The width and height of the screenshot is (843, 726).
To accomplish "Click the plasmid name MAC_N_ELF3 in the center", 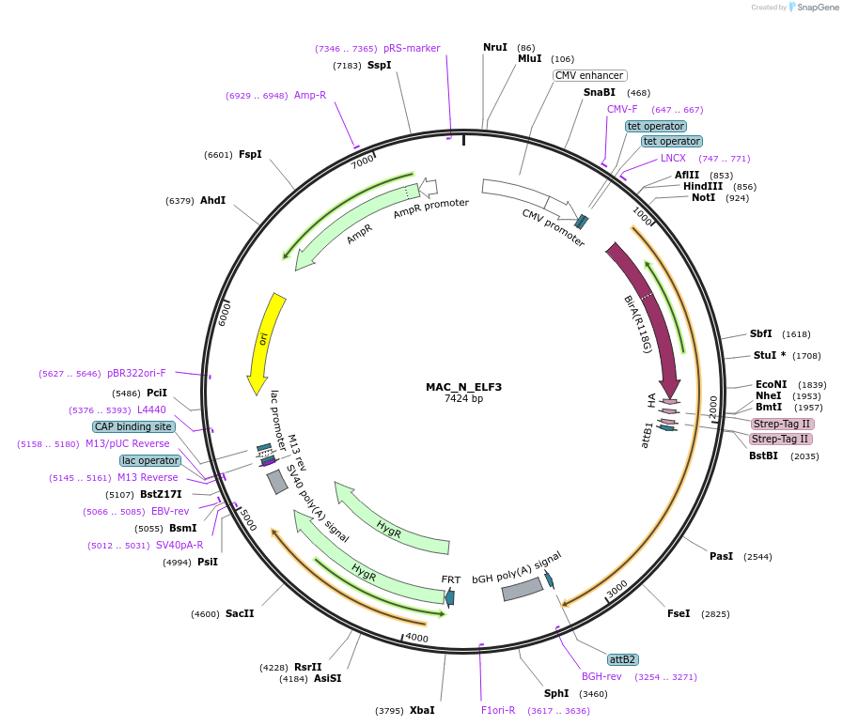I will (x=463, y=387).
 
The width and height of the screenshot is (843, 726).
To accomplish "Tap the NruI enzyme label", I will (x=495, y=47).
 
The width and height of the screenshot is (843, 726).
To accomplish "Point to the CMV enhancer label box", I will (x=590, y=75).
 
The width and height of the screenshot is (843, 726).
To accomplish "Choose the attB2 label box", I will (x=623, y=659).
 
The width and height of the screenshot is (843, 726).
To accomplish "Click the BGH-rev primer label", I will (x=601, y=676).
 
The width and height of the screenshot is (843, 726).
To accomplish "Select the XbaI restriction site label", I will (x=422, y=710).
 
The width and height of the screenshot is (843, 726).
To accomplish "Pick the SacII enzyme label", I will (x=240, y=613).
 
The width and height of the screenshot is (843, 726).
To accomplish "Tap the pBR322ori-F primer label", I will (x=136, y=373).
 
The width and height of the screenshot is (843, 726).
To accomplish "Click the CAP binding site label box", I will (x=133, y=426).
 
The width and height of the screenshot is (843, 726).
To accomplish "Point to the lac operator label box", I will (x=149, y=460).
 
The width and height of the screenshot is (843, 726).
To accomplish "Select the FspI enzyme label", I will (x=250, y=154).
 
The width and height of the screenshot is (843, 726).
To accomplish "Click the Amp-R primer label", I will (x=310, y=95).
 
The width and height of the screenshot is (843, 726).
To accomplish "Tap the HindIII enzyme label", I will (x=703, y=186).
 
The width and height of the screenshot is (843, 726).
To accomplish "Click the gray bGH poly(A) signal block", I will (x=523, y=589).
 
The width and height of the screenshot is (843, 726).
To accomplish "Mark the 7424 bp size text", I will (x=463, y=399).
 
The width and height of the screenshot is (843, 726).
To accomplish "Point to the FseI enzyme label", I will (x=679, y=613).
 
